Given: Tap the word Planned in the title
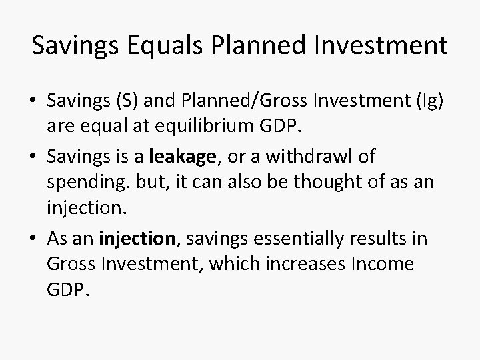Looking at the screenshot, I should pos(254,46).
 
